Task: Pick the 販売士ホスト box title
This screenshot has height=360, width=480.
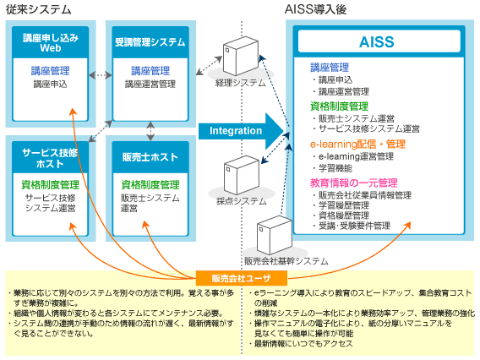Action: (150, 157)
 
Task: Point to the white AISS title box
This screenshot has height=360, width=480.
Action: (376, 41)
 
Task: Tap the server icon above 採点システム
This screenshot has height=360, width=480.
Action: (238, 175)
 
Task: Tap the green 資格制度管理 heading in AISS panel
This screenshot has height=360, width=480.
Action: (338, 106)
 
